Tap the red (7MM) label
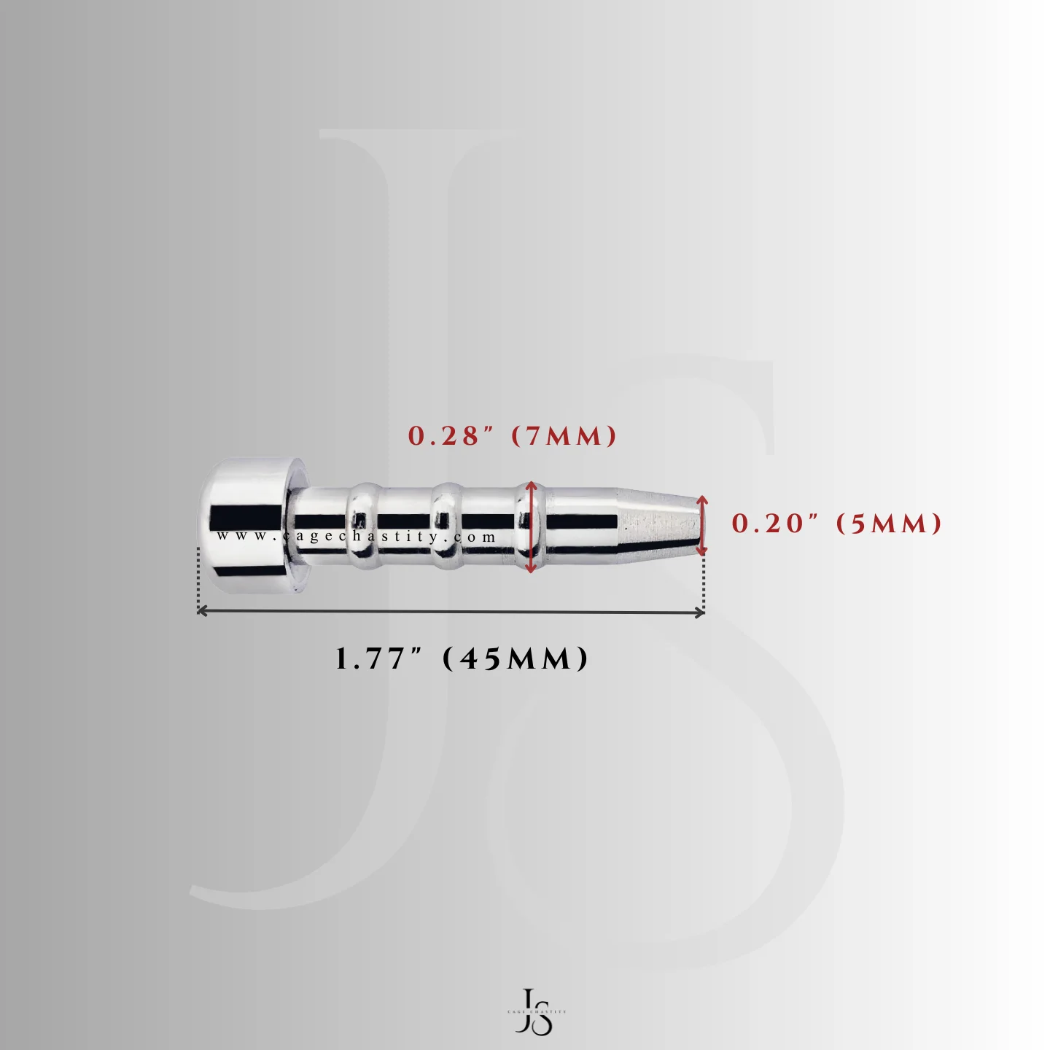point(564,436)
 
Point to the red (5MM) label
point(888,524)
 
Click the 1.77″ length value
point(379,659)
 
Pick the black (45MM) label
point(515,659)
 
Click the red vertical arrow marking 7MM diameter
point(531,526)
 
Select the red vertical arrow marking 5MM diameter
point(702,525)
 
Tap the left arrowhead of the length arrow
point(202,611)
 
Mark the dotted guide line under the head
point(198,576)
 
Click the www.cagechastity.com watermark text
point(357,537)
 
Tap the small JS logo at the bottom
point(536,1011)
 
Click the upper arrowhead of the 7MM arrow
point(531,486)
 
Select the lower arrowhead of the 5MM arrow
point(702,551)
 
